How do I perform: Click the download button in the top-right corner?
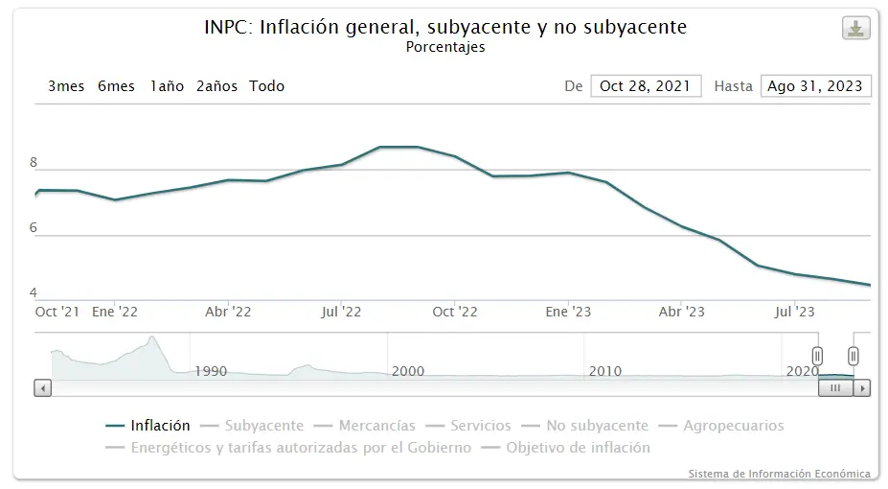click(855, 29)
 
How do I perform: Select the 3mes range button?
click(66, 86)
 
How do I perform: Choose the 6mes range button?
click(116, 86)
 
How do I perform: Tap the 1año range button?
click(167, 86)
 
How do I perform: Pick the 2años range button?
click(216, 86)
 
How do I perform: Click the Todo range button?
click(267, 86)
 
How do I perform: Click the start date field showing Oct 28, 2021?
click(646, 86)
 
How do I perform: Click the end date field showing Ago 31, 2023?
click(815, 86)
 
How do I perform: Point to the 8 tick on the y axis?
click(34, 163)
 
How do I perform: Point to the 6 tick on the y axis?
click(34, 228)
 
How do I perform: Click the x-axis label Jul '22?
click(341, 312)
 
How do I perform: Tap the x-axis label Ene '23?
click(569, 312)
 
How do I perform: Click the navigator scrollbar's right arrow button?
click(862, 388)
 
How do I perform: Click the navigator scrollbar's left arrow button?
click(42, 388)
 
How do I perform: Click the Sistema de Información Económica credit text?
click(779, 474)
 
